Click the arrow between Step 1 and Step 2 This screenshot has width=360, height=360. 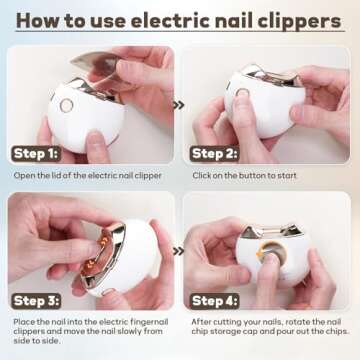point(178,103)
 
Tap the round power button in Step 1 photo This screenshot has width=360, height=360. point(67,104)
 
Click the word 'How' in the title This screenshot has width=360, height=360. point(38,19)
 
